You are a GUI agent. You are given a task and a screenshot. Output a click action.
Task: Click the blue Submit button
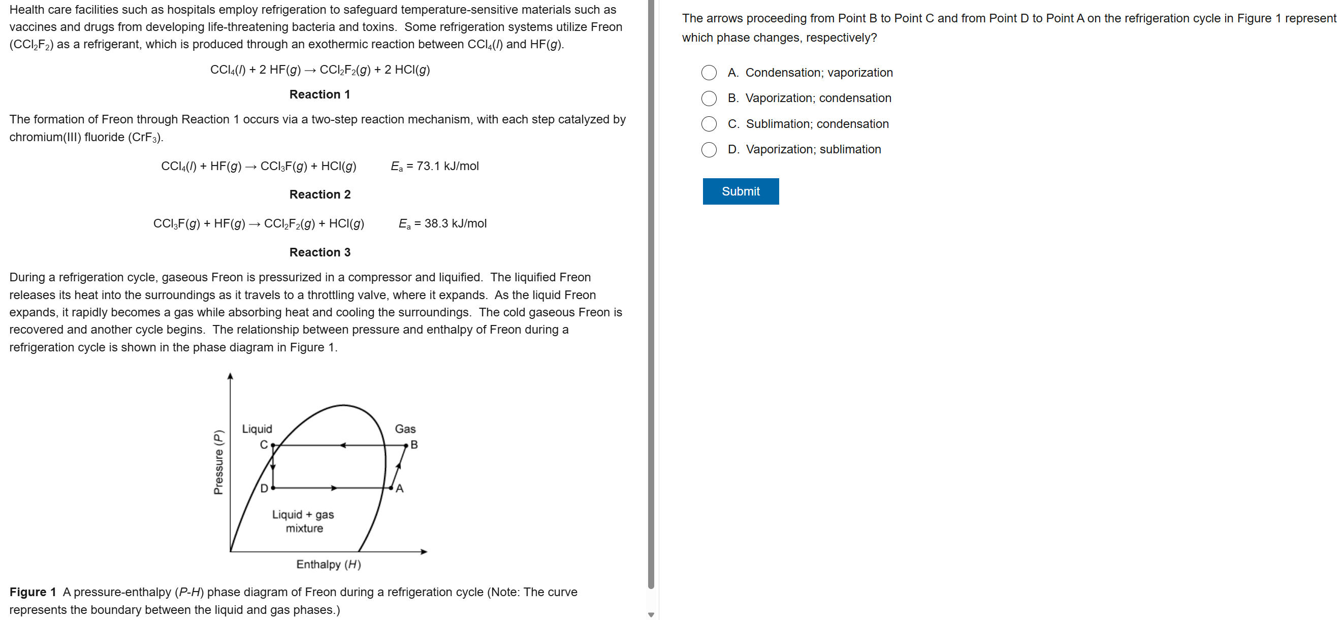[740, 191]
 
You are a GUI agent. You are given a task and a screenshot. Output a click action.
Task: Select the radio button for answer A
[709, 73]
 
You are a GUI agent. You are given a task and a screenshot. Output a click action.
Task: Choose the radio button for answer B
[709, 98]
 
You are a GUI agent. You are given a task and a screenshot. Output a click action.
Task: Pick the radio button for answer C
[709, 123]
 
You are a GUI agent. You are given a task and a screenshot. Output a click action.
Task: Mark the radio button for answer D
[709, 150]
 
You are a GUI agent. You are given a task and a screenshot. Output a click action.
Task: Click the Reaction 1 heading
[319, 94]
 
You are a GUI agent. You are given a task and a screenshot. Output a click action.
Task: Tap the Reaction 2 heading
[319, 194]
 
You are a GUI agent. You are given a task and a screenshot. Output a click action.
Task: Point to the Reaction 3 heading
[319, 252]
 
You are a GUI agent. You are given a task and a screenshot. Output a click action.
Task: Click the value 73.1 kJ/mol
[447, 166]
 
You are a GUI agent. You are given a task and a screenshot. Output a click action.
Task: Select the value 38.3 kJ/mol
[455, 223]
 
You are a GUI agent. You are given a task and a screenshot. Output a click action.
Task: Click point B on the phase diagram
[406, 445]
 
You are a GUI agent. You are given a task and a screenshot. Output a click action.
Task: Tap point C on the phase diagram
[273, 445]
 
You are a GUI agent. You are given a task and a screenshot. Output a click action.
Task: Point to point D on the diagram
[273, 488]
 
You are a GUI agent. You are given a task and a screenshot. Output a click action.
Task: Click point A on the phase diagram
[391, 488]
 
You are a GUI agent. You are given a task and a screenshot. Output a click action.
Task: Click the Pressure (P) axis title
[218, 462]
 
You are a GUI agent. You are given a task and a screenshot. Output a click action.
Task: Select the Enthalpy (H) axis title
[328, 564]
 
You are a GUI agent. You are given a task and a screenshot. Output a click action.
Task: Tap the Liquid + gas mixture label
[303, 521]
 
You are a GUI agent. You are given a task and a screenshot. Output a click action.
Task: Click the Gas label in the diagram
[405, 429]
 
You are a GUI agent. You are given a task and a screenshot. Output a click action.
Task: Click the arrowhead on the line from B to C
[343, 445]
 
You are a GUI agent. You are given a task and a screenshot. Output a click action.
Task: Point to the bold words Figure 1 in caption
[33, 592]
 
